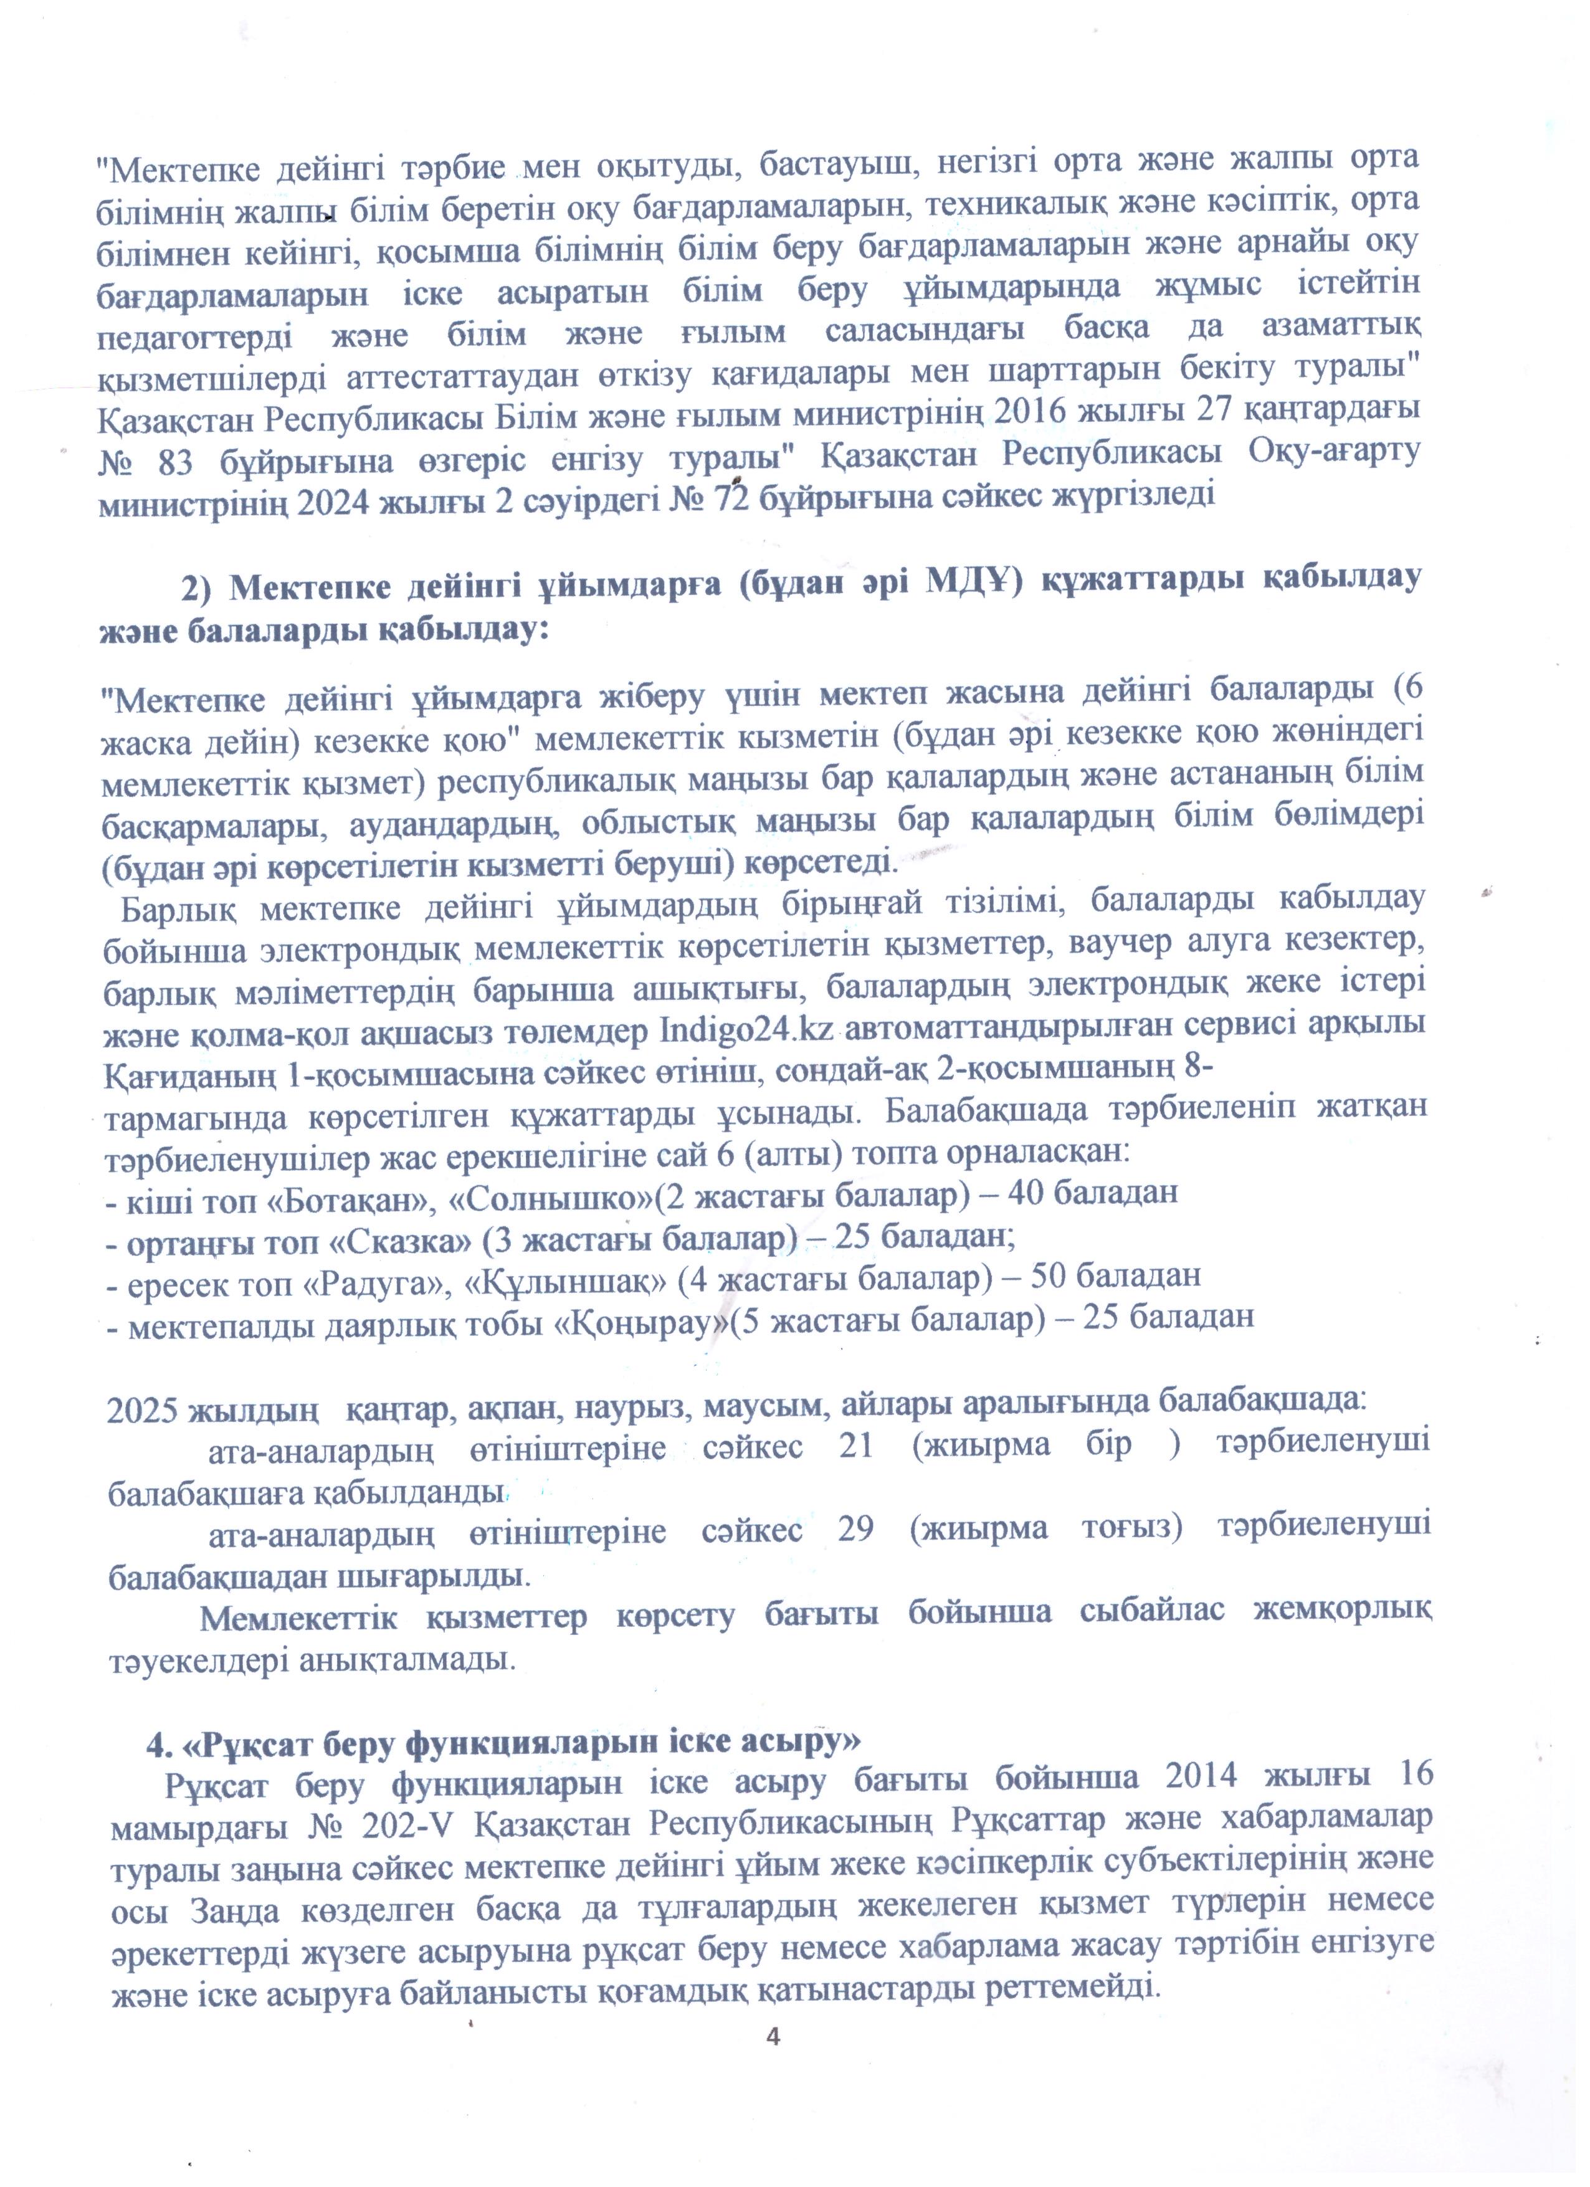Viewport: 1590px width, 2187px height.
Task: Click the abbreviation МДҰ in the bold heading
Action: (x=967, y=583)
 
